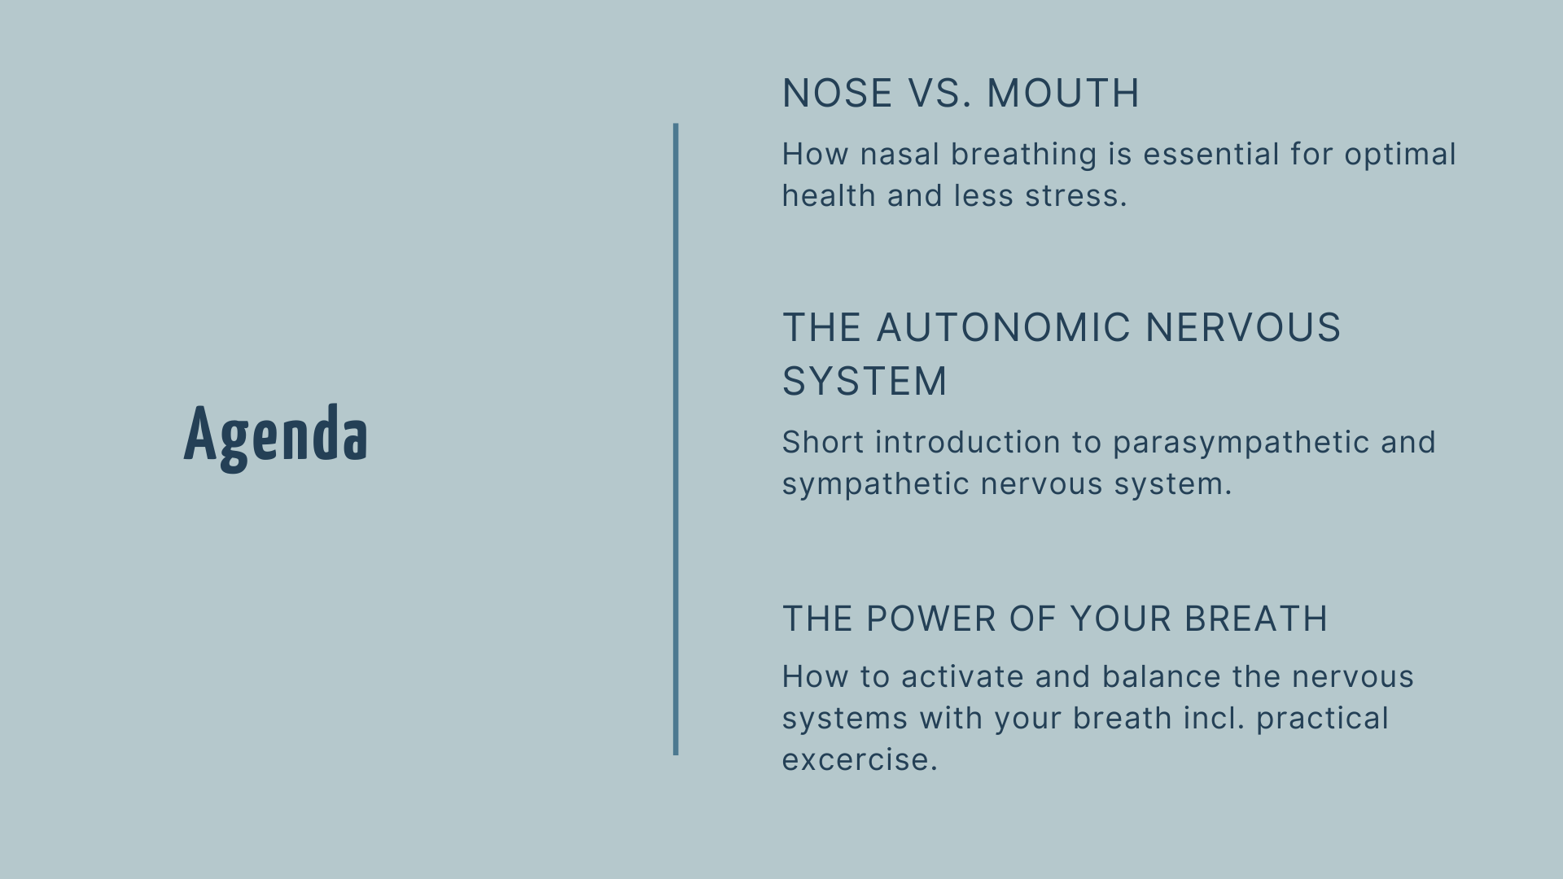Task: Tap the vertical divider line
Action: click(676, 439)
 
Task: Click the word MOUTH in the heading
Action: click(1063, 93)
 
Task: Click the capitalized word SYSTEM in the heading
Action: click(865, 381)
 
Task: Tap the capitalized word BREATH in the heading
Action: click(1256, 619)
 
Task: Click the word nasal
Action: click(900, 154)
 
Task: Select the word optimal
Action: click(1400, 155)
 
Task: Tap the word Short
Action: click(823, 442)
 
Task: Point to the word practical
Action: click(1322, 719)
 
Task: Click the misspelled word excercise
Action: click(860, 760)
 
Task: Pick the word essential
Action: click(1211, 154)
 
